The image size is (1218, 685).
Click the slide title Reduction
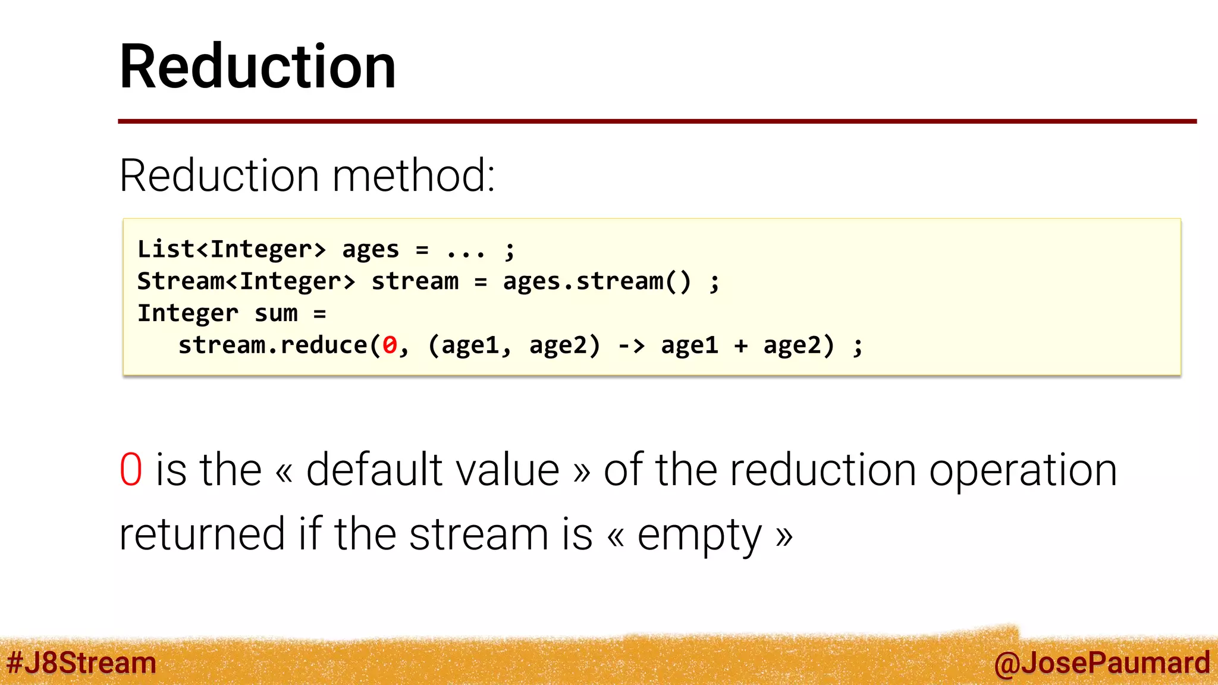(258, 67)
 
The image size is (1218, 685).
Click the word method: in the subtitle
(414, 176)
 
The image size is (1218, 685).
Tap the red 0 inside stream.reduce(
(390, 345)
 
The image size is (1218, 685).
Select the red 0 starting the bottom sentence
(131, 470)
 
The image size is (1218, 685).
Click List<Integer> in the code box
(231, 249)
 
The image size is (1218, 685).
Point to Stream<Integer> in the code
(246, 281)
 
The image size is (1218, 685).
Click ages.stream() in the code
(597, 281)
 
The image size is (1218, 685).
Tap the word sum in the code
(276, 313)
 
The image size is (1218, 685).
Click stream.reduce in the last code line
(273, 345)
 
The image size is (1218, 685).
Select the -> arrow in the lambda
(631, 345)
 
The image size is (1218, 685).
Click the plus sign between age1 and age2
(740, 345)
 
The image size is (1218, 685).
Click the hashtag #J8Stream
(81, 663)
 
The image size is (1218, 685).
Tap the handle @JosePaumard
(1101, 663)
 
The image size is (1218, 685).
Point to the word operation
(1023, 470)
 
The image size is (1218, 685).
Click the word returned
(202, 534)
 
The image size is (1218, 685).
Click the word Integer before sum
(188, 313)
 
